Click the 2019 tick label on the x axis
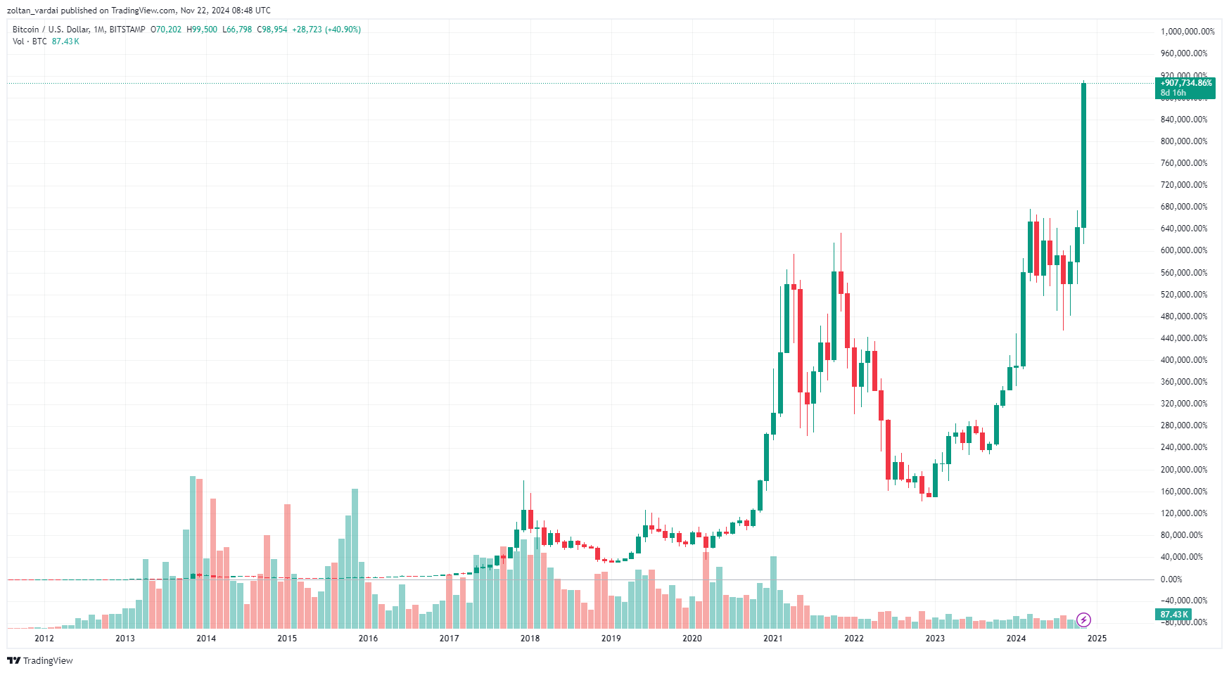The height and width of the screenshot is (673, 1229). click(611, 639)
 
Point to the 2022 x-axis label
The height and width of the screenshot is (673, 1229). click(854, 639)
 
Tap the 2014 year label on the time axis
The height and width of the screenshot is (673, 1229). click(206, 639)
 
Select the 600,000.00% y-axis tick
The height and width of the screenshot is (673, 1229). click(1183, 250)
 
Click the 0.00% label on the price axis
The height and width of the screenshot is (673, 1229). click(1171, 579)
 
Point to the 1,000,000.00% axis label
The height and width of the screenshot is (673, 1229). click(1187, 32)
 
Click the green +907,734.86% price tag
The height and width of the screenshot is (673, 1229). click(1186, 83)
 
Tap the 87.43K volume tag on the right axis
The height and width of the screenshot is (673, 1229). click(1174, 615)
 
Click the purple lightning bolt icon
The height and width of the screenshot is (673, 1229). click(1084, 620)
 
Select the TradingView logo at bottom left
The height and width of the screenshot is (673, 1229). click(40, 660)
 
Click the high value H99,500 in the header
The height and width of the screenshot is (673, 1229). click(202, 30)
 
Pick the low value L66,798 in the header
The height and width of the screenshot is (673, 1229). click(237, 30)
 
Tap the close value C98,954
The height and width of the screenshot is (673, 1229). click(272, 30)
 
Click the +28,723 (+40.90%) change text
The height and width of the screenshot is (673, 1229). click(326, 30)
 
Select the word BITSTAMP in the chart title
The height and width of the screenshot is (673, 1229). click(127, 30)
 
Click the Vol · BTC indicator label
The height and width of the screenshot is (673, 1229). click(30, 41)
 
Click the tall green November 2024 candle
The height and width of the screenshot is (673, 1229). click(1084, 155)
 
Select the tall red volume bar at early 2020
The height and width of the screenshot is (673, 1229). click(706, 589)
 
